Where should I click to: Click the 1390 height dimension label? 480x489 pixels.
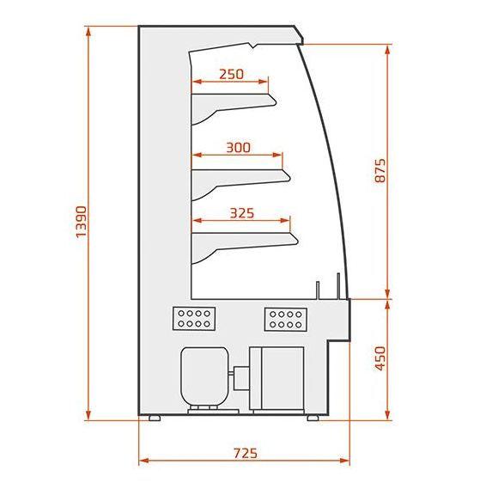click(82, 222)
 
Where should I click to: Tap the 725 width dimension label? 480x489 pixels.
click(246, 453)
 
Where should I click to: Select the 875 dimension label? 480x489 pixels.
click(380, 170)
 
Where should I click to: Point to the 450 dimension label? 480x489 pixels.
click(380, 358)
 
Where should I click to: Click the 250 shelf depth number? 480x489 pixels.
click(231, 74)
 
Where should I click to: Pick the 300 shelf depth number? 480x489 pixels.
click(238, 148)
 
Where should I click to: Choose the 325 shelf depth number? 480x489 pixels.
click(242, 213)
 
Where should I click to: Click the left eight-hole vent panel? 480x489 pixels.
click(194, 319)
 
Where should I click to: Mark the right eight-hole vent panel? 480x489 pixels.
click(286, 320)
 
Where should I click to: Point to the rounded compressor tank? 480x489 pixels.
click(204, 377)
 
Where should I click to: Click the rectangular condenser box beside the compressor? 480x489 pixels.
click(276, 378)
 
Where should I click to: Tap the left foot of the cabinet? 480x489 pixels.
click(155, 418)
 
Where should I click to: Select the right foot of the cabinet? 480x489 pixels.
click(313, 418)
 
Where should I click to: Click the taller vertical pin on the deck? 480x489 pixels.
click(338, 286)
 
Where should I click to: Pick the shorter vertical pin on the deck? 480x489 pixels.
click(318, 290)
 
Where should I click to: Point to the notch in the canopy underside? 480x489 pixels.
click(253, 46)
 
